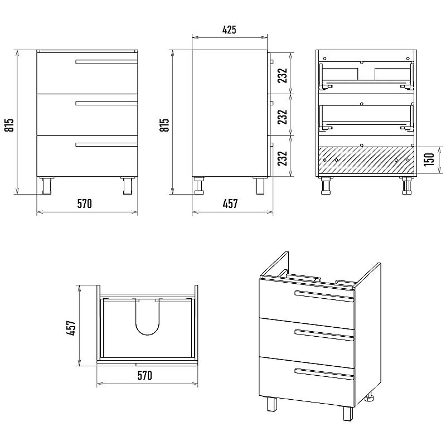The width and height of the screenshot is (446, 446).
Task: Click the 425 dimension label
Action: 229,30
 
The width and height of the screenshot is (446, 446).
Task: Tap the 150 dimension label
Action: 429,159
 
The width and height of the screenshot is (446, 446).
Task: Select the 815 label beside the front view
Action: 9,125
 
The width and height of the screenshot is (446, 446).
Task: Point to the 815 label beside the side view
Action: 164,125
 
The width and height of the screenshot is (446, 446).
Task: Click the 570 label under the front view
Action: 85,203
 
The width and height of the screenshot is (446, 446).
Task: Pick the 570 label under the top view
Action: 145,375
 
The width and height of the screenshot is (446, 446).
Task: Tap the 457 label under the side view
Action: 230,203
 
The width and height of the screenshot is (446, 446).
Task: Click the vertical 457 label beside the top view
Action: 71,328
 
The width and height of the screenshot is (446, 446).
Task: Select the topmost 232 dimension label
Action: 283,75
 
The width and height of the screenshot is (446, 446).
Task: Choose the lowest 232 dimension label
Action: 283,158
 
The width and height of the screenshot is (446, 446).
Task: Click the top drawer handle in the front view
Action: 106,62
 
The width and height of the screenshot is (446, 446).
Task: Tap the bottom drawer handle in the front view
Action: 106,145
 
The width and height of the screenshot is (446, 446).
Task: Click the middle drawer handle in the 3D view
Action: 324,335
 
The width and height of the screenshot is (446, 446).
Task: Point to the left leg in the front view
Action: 46,186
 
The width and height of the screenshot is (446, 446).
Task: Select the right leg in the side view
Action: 260,186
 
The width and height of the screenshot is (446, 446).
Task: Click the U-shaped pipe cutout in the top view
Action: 148,317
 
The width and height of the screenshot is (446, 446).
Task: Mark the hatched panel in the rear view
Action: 366,160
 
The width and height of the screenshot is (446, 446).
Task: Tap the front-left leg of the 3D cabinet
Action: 272,404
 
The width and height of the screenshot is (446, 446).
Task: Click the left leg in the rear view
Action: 326,186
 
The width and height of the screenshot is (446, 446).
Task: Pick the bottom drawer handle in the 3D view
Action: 324,374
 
